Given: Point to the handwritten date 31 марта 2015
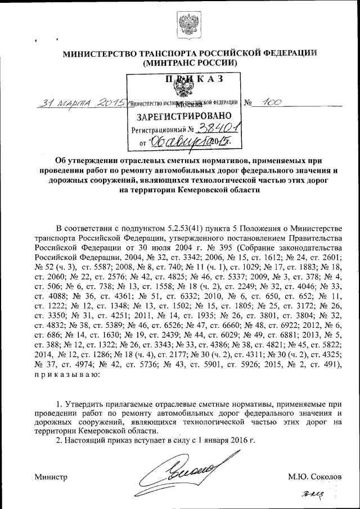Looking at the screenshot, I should click(80, 103).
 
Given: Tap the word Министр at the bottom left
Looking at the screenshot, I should click(51, 476).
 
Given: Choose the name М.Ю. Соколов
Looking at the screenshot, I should click(314, 476).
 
